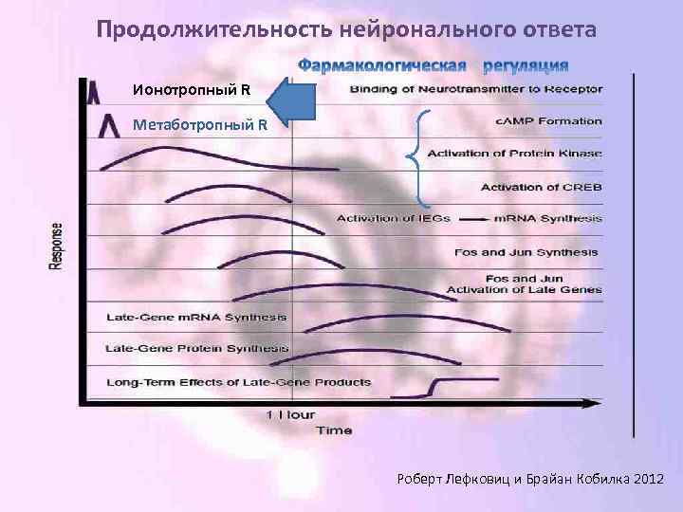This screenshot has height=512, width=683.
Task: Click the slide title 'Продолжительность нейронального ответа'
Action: pyautogui.click(x=347, y=30)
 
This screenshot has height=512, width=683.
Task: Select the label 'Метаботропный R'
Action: pyautogui.click(x=200, y=124)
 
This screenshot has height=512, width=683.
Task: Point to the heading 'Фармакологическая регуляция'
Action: pyautogui.click(x=434, y=65)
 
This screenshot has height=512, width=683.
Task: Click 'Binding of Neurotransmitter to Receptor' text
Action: pyautogui.click(x=475, y=90)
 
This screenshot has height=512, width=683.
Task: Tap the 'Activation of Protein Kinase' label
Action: pyautogui.click(x=514, y=154)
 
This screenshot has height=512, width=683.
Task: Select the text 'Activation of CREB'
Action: pyautogui.click(x=541, y=187)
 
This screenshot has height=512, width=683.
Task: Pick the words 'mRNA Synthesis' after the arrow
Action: pyautogui.click(x=547, y=218)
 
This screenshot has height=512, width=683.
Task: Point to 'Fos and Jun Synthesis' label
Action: pyautogui.click(x=527, y=252)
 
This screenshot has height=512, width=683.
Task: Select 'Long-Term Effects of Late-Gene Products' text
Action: pyautogui.click(x=239, y=382)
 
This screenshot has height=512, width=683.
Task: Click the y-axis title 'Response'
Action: pyautogui.click(x=57, y=246)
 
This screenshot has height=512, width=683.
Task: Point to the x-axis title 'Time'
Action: pyautogui.click(x=333, y=430)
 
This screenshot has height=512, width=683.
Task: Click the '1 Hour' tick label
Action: pyautogui.click(x=290, y=415)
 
